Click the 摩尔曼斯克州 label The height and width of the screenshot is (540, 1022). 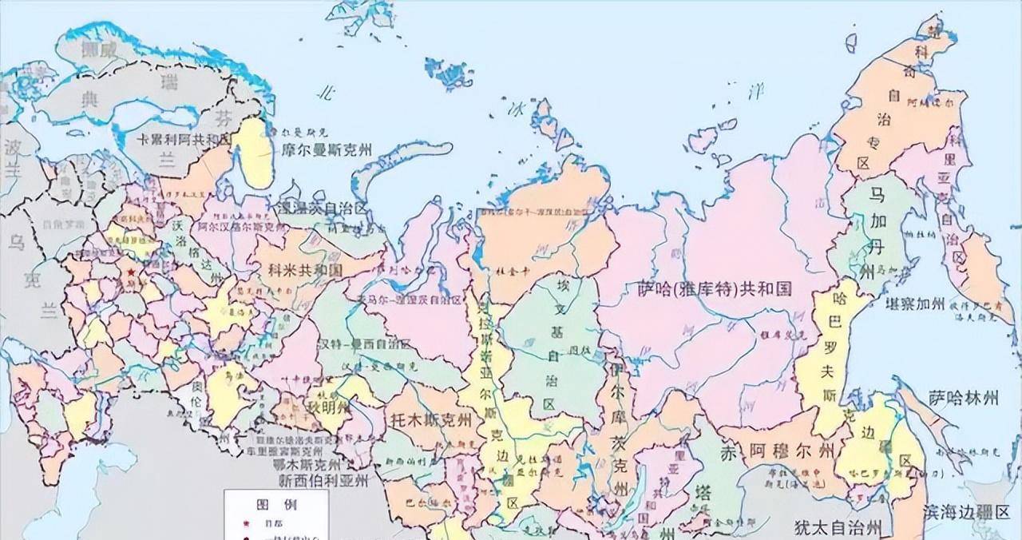[326, 149]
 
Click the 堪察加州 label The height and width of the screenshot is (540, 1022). [915, 304]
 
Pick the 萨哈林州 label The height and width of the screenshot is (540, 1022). [964, 397]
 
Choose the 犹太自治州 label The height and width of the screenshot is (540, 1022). [838, 527]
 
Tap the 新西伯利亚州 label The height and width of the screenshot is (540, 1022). [323, 481]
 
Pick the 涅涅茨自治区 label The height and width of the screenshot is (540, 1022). [323, 208]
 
